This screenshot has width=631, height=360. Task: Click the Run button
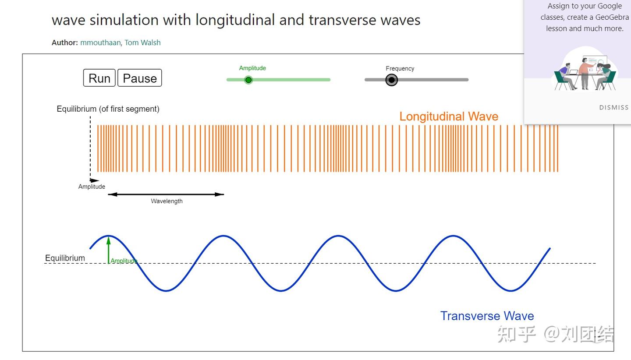coord(99,78)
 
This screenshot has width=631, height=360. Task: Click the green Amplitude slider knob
coord(248,80)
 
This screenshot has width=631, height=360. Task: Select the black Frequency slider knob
coord(391,80)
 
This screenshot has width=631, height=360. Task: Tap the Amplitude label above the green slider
coord(252,68)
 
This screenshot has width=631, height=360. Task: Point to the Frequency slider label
coord(400,68)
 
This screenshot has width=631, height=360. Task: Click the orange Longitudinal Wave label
coord(449,116)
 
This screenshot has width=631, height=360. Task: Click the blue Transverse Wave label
coord(487,316)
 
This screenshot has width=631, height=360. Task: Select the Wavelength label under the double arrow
coord(167,201)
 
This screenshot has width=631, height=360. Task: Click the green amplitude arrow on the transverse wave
coord(109,250)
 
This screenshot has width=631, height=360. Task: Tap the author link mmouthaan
coord(100,42)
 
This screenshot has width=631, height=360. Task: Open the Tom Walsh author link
coord(142,42)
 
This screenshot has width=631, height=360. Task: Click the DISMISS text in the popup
coord(613,107)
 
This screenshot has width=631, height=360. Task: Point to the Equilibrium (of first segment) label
coord(108,109)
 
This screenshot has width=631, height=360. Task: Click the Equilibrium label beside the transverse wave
coord(65,258)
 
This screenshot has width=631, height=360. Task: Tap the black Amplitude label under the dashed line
coord(92,187)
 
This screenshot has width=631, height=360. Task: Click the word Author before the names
coord(64,42)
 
